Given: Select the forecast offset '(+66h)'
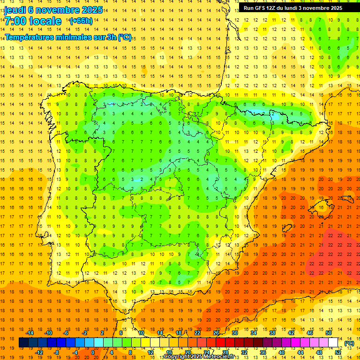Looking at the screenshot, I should tap(81, 21).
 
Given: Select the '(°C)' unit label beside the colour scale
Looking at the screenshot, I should tap(349, 344).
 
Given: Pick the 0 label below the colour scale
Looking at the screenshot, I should tap(93, 353).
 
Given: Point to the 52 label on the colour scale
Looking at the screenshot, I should tap(338, 353).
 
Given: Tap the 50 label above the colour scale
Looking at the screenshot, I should tap(329, 333).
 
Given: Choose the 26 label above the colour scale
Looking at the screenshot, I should tap(216, 333).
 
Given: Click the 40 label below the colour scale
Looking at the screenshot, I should tap(281, 353).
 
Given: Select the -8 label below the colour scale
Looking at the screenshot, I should tap(57, 353).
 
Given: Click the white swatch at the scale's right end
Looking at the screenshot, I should tap(333, 343).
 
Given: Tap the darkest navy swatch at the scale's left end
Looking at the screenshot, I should tap(23, 343).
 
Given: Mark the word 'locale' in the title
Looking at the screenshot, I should tap(45, 21).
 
